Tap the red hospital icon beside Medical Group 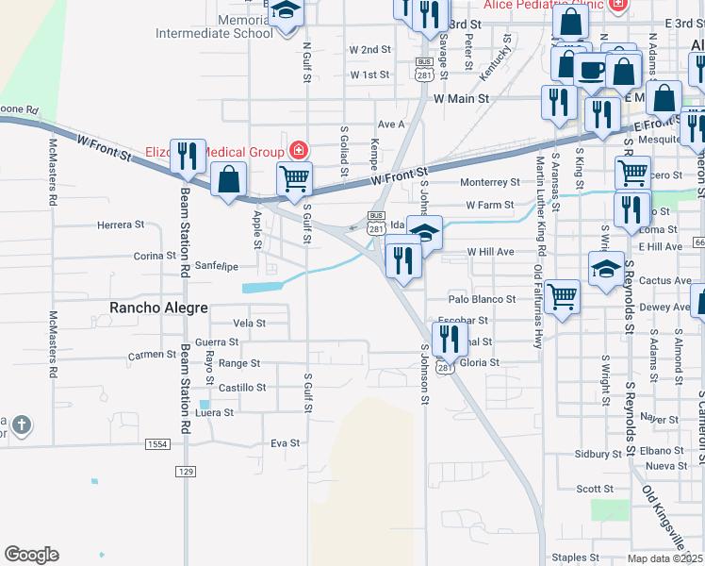[298, 151]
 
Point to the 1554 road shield [156, 443]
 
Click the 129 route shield [186, 470]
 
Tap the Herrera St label [121, 225]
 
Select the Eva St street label [285, 442]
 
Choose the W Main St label [462, 97]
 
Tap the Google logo [31, 555]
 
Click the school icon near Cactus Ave [604, 268]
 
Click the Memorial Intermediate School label [233, 25]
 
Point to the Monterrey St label [490, 182]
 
